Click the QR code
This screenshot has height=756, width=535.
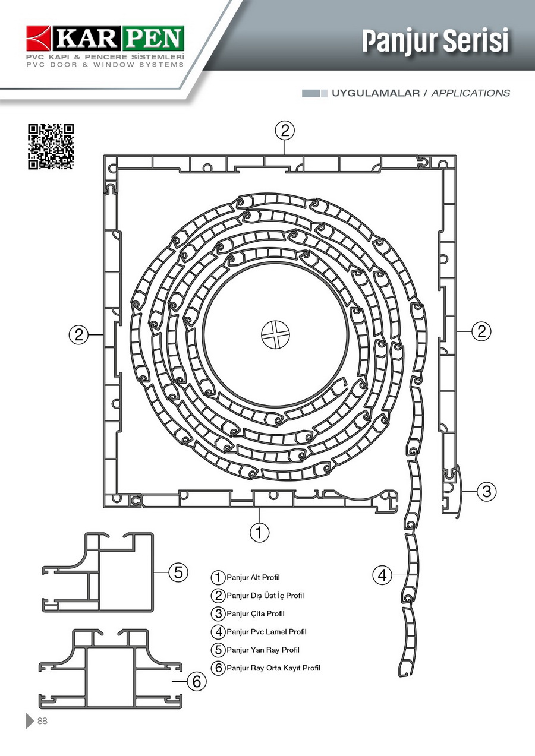pos(51,146)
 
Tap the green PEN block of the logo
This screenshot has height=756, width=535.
pos(154,39)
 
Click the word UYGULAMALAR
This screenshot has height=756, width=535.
pos(376,93)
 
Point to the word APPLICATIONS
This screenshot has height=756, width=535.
pos(471,93)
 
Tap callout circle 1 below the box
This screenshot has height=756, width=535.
pos(259,532)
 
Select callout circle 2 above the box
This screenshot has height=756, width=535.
pos(285,130)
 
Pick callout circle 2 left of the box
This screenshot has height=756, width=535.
pos(78,335)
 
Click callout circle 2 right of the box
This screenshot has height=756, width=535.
pos(481,331)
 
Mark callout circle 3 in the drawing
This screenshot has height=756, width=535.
pos(486,491)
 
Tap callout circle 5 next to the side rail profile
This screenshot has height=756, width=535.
pos(178,572)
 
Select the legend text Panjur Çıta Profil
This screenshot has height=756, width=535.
pos(255,613)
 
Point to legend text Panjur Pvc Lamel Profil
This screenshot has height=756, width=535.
pos(266,632)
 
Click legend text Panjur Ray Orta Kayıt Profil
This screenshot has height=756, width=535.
pos(273,668)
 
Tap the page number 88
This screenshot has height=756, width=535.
pos(42,721)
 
